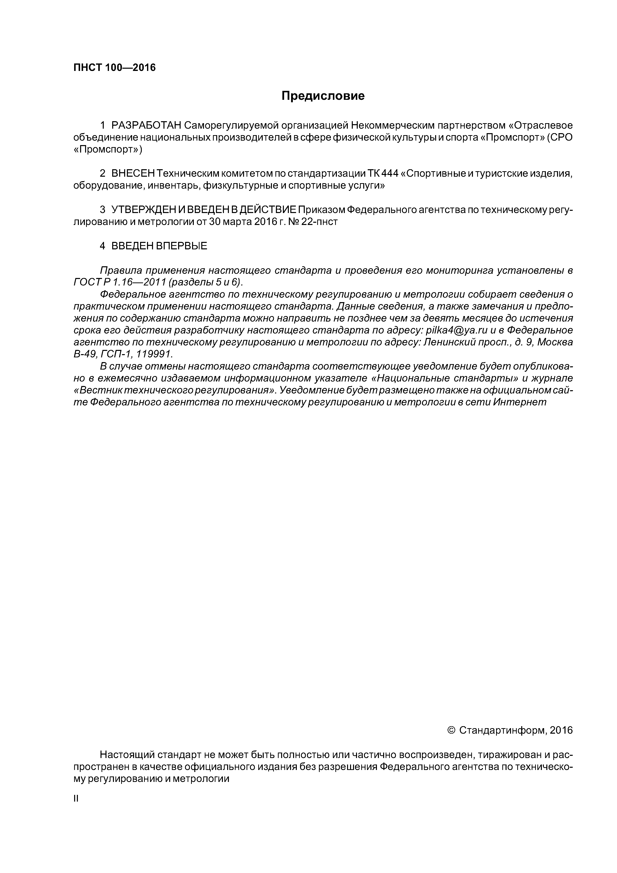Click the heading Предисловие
(323, 96)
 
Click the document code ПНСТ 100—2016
(114, 68)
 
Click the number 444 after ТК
(390, 174)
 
